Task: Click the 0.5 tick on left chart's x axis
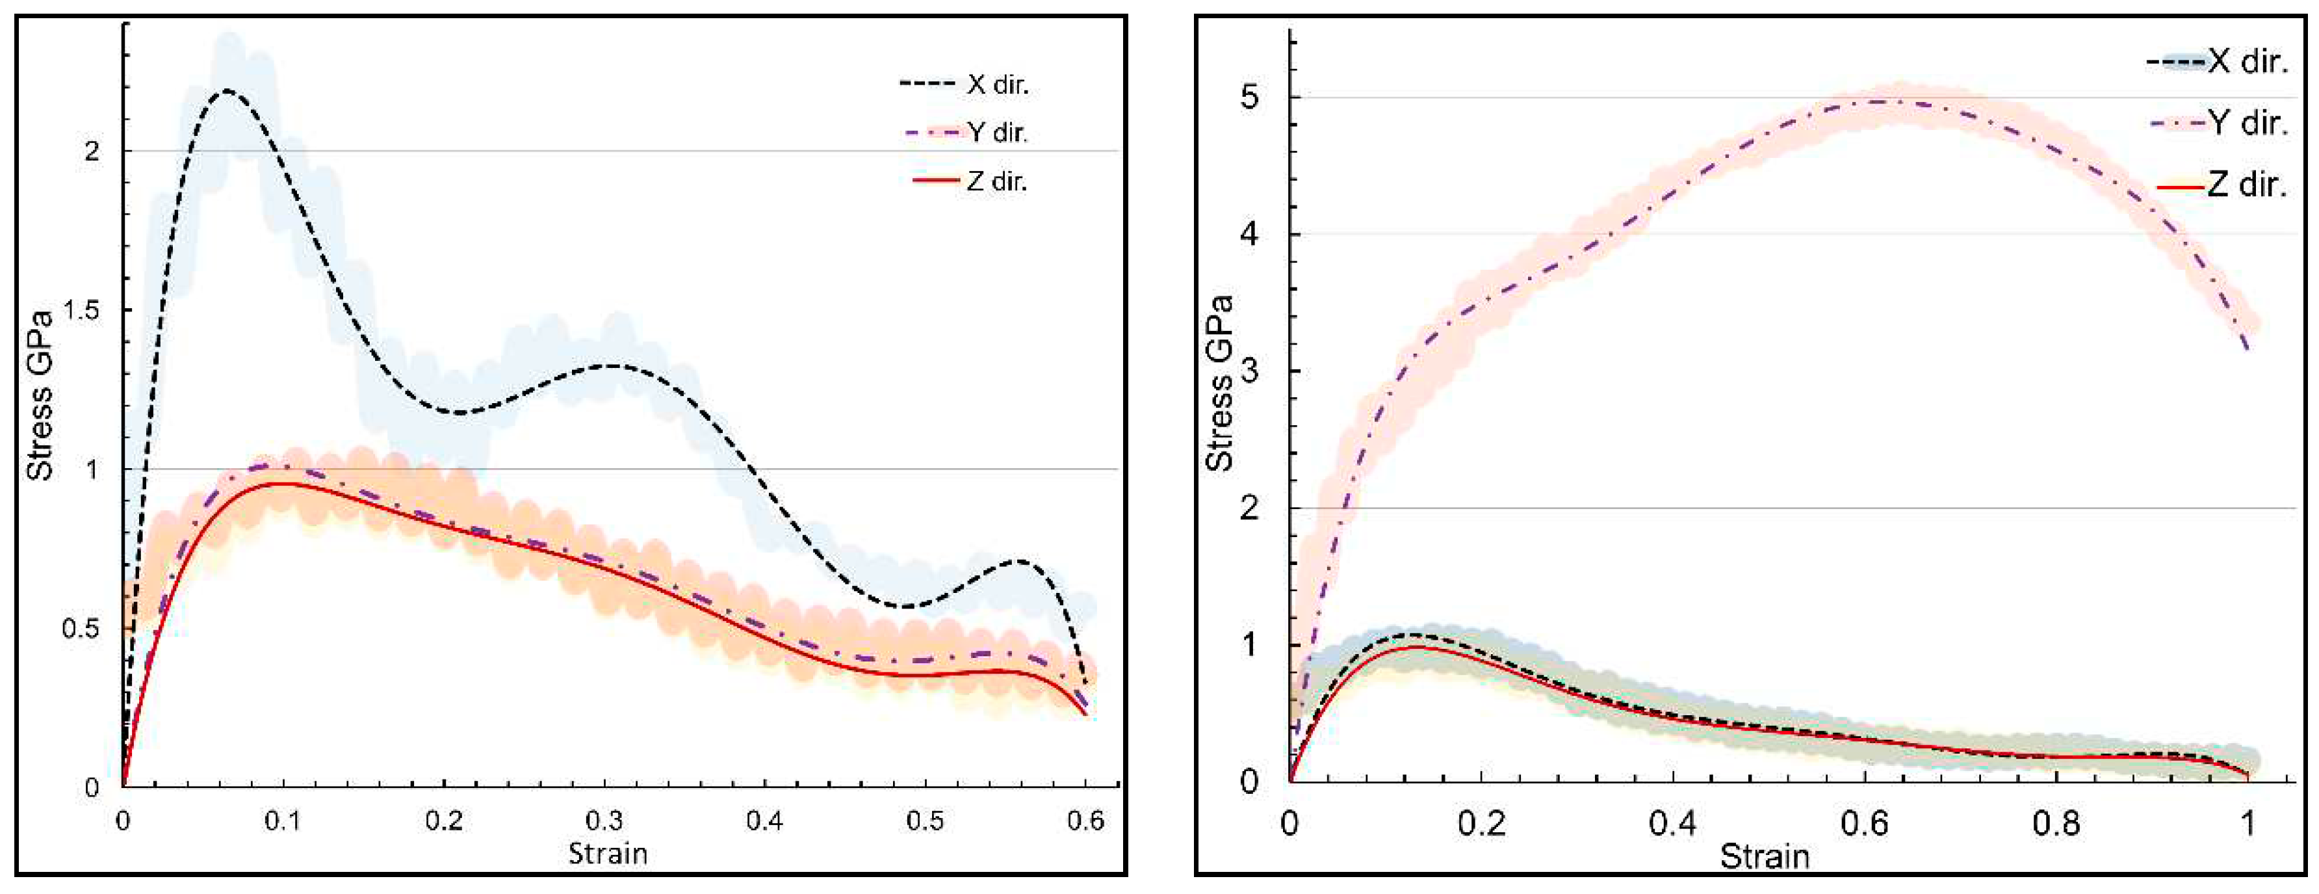click(x=924, y=821)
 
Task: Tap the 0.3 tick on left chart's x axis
click(x=604, y=821)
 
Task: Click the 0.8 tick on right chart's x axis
click(x=2057, y=823)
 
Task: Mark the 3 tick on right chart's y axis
click(x=1250, y=371)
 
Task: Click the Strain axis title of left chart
click(x=608, y=852)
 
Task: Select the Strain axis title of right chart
click(x=1765, y=856)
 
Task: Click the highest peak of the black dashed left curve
click(x=227, y=91)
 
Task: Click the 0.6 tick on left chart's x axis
click(x=1085, y=821)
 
